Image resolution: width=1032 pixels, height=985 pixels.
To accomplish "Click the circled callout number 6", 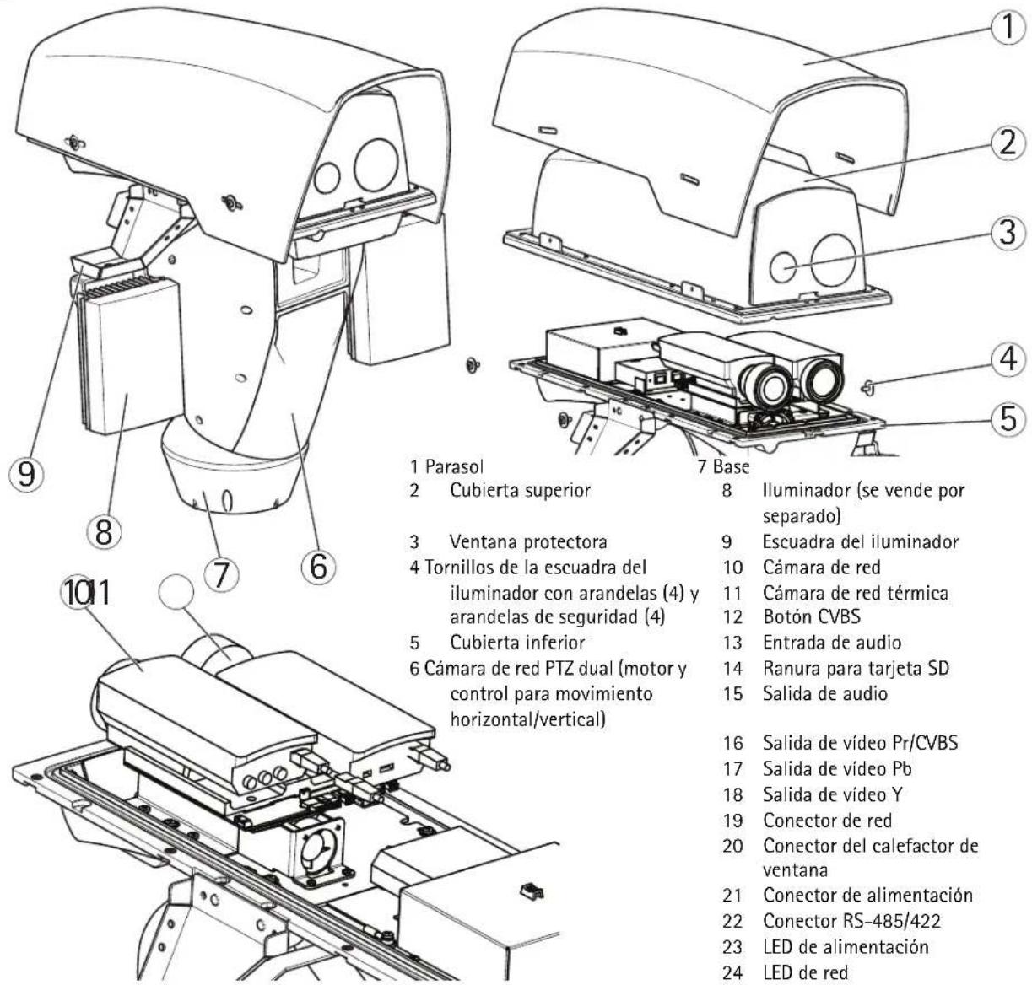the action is (318, 566).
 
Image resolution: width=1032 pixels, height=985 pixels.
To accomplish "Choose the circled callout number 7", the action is (221, 574).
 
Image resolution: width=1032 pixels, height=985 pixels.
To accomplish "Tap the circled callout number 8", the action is (104, 532).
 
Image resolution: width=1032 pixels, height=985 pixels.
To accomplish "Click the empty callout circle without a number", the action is (176, 590).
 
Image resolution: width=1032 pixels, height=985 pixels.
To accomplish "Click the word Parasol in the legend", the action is (455, 466).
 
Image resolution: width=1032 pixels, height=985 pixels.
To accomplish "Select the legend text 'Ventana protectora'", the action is (528, 541).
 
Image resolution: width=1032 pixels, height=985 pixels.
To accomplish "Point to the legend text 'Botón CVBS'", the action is (812, 616).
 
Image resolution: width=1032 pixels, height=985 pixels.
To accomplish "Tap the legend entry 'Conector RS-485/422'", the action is (851, 921).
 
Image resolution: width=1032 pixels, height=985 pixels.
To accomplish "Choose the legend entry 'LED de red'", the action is (806, 973).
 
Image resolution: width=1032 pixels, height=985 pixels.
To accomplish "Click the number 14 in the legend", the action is (732, 669).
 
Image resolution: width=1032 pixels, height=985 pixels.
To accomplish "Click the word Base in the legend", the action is (732, 466).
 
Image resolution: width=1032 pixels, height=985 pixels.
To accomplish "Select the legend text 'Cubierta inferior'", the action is (517, 643).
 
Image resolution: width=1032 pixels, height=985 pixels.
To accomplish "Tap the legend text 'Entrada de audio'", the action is (832, 643).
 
